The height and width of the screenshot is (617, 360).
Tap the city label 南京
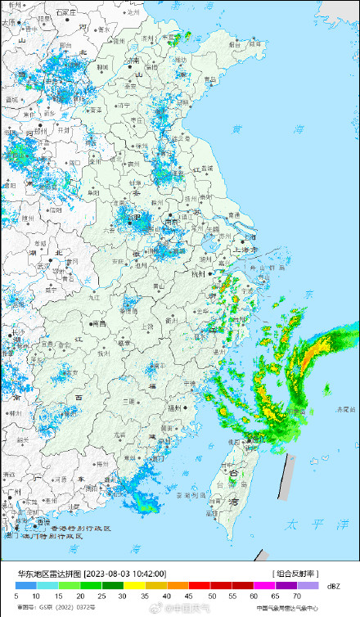(171, 220)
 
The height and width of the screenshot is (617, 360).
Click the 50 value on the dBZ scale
(212, 597)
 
